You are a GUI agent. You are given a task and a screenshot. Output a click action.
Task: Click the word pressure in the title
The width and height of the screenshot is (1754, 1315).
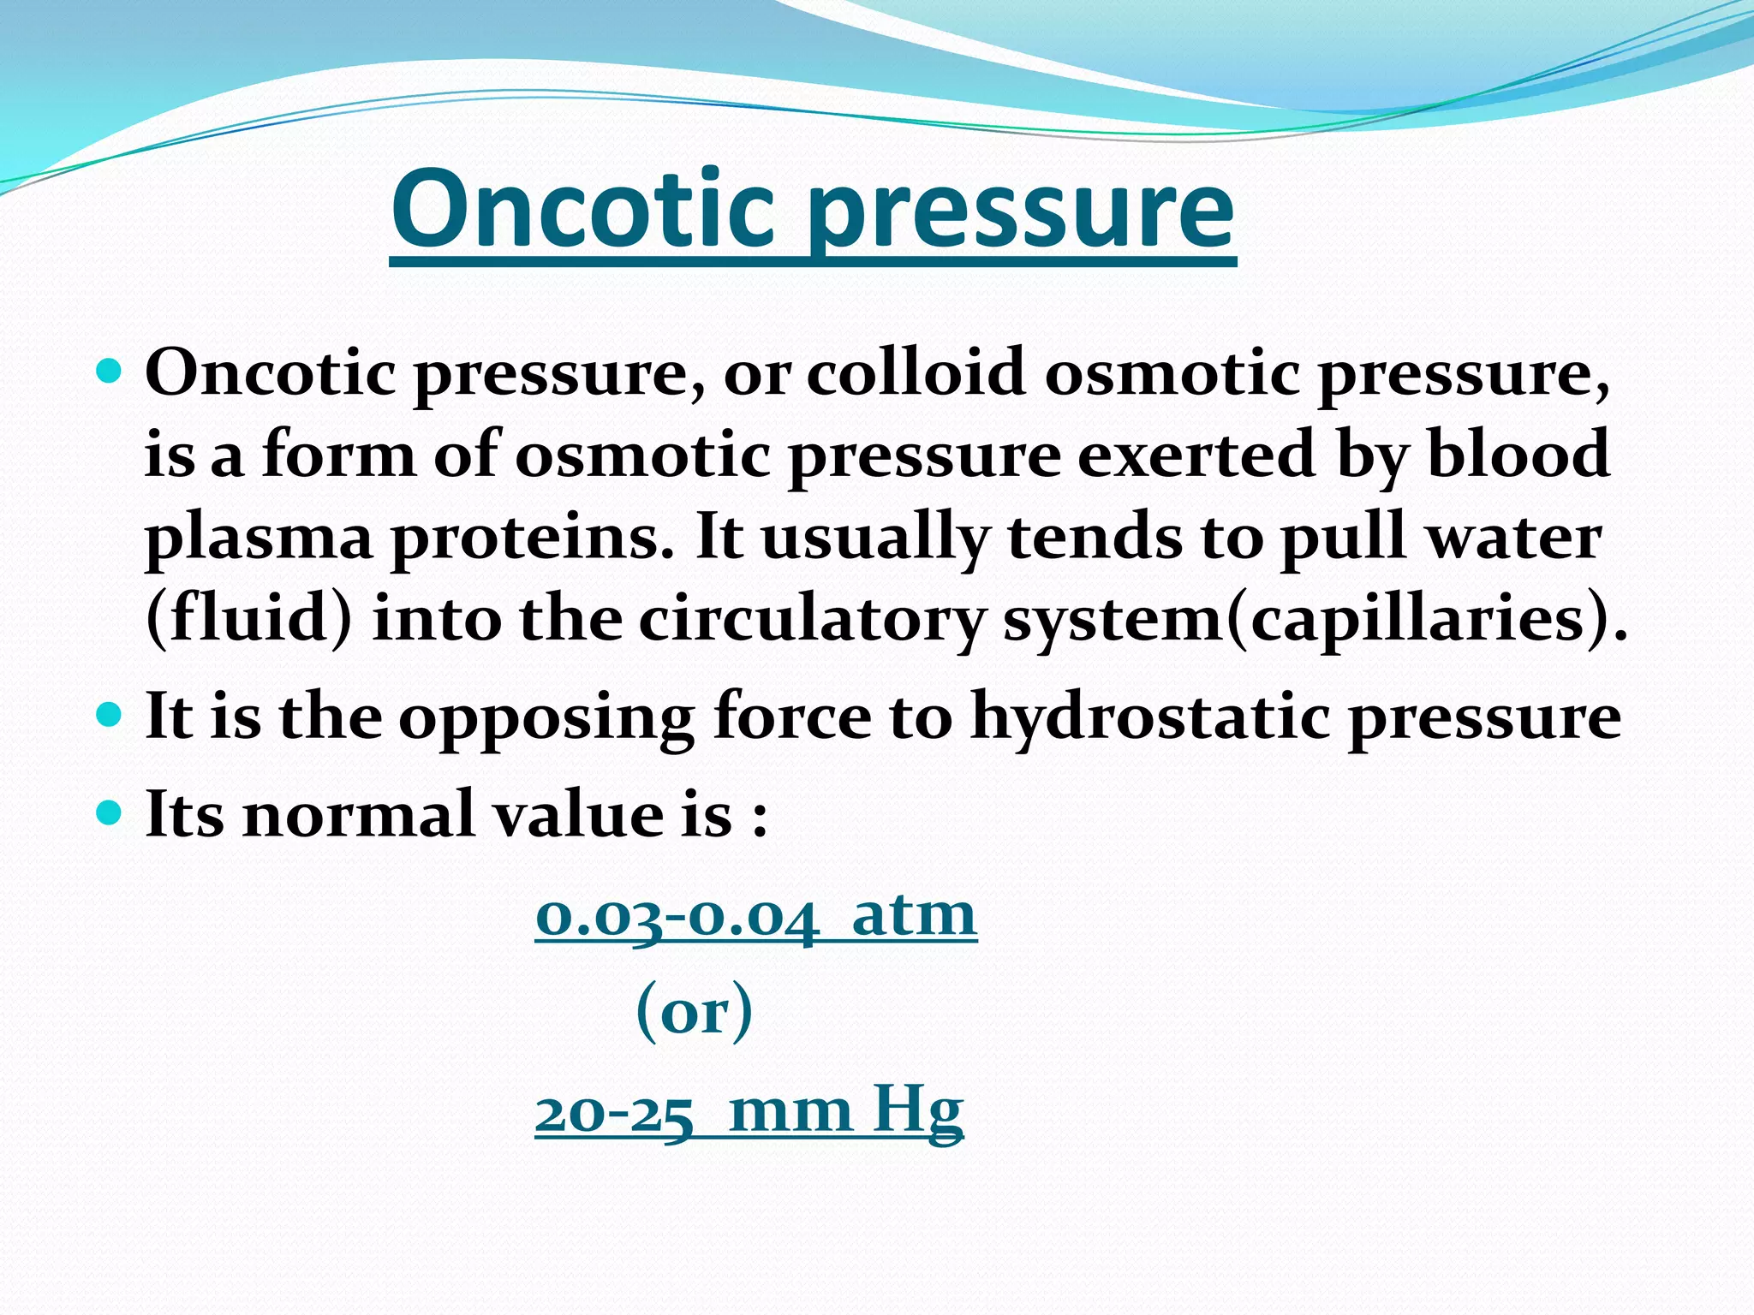click(x=1021, y=214)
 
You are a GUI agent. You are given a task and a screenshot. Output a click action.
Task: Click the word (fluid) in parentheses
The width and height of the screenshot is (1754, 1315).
click(x=248, y=618)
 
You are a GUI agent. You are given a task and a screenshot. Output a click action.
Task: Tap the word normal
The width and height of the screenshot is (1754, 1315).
click(x=359, y=814)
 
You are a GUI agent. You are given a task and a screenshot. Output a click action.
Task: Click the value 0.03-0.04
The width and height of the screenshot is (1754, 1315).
click(x=677, y=916)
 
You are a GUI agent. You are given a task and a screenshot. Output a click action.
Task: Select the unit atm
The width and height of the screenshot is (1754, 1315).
click(x=914, y=914)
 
